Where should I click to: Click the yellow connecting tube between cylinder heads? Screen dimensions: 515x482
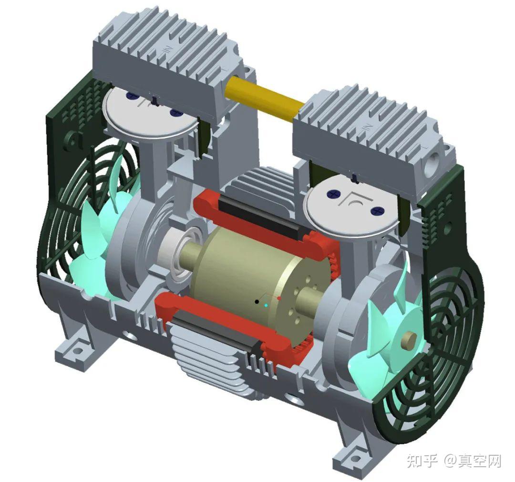[x=264, y=99]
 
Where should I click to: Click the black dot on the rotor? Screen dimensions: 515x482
[x=257, y=301]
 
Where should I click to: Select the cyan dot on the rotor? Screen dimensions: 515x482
[x=266, y=305]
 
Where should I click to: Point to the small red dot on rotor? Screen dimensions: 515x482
[x=279, y=298]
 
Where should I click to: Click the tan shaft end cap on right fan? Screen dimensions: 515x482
[x=409, y=339]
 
